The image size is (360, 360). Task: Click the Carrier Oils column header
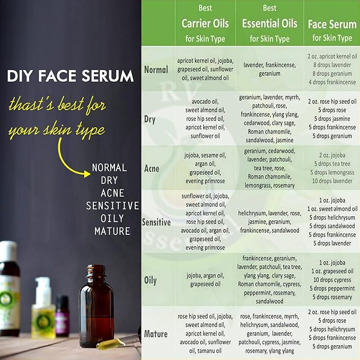(205, 24)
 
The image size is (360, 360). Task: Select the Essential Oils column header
(269, 24)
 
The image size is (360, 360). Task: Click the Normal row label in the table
(156, 69)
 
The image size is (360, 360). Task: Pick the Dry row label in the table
(150, 119)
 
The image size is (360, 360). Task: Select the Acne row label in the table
(152, 169)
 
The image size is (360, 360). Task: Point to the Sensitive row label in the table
(156, 222)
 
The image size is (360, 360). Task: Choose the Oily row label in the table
(151, 280)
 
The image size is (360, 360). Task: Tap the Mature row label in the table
(156, 334)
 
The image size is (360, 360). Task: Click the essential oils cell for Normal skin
(269, 69)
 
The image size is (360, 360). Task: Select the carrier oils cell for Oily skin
(205, 279)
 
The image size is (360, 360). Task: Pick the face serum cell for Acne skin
(332, 168)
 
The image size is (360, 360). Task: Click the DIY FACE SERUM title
(70, 76)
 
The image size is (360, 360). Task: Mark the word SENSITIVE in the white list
(112, 206)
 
